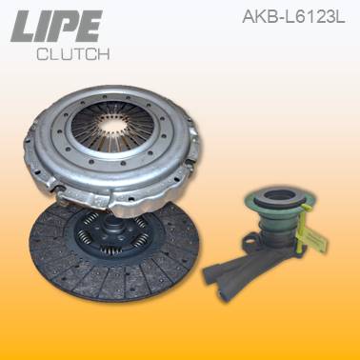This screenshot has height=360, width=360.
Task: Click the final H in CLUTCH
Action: (105, 54)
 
